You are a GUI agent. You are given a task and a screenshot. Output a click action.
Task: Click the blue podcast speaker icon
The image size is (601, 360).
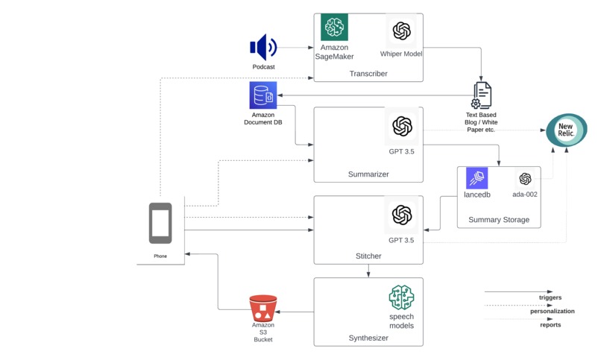263,48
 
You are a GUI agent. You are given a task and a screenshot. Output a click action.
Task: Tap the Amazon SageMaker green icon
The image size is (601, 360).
334,28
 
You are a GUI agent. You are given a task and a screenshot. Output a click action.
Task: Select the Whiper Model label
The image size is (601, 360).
401,54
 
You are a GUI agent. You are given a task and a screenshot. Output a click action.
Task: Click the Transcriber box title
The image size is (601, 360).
368,74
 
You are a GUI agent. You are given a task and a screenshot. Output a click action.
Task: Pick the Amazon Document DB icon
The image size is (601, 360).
263,95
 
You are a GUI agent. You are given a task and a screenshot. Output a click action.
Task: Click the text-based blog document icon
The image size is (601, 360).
482,95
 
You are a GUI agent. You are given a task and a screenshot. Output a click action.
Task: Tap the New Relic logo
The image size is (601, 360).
566,130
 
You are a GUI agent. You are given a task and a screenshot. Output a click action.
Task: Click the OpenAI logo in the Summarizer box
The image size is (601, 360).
402,126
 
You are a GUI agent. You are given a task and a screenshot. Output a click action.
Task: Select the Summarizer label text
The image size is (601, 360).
368,174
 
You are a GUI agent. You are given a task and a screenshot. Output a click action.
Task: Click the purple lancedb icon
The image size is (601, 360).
476,178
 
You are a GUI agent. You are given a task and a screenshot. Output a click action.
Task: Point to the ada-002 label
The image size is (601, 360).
525,195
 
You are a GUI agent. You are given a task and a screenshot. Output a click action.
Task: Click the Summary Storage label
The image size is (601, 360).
499,220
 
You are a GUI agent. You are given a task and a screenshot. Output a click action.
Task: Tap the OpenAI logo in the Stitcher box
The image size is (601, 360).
402,215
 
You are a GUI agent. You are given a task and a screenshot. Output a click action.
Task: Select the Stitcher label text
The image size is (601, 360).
368,256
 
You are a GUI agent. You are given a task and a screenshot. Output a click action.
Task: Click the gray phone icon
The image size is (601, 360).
160,223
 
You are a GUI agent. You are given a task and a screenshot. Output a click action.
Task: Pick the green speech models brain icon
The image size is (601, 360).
401,297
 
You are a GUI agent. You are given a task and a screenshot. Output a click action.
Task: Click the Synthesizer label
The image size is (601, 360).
368,338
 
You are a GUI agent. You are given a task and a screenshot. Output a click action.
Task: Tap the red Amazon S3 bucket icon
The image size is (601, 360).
263,308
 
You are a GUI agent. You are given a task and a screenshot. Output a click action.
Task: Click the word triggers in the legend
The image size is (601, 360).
550,297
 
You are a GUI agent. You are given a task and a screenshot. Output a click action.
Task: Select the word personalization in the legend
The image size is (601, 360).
553,311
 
